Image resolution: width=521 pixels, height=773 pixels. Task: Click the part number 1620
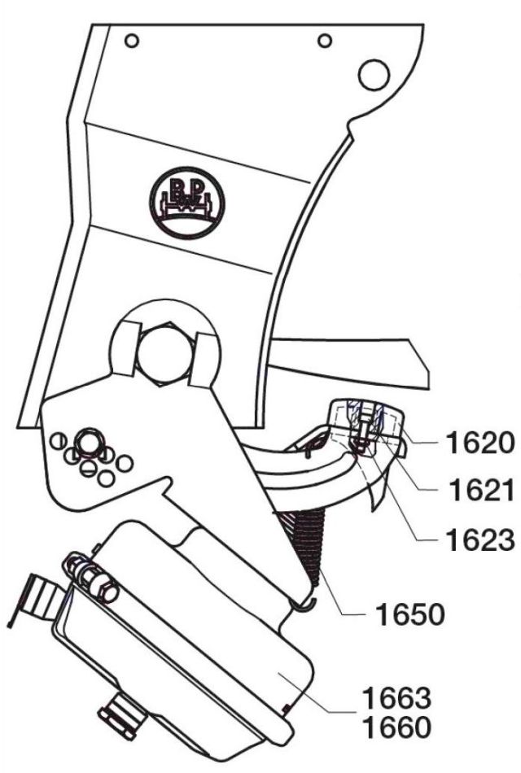(479, 443)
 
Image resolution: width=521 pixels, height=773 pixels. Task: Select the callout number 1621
(479, 491)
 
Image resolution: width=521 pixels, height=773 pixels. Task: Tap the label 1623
(479, 539)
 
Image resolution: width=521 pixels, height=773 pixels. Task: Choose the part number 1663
(396, 699)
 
